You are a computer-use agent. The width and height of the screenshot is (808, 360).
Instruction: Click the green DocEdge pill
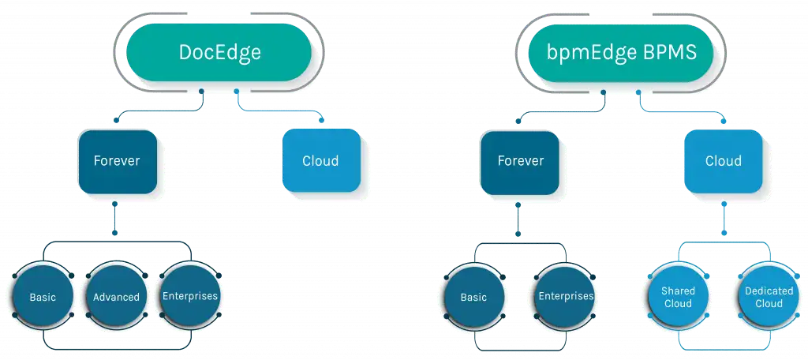(x=219, y=52)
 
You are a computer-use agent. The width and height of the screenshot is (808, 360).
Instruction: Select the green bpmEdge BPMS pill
(x=621, y=52)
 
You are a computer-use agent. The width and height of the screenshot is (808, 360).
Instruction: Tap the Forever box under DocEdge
(x=117, y=161)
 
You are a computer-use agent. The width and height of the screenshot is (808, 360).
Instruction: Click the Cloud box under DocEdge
(x=320, y=161)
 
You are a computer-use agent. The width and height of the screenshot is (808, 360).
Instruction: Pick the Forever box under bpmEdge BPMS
(x=519, y=161)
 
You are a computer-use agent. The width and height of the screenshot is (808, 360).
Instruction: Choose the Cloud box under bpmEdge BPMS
(x=723, y=161)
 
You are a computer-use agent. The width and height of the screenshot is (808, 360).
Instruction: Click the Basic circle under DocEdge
(x=43, y=297)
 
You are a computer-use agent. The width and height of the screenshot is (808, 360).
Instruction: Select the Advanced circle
(x=116, y=297)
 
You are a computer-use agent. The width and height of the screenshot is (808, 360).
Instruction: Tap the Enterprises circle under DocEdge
(x=189, y=296)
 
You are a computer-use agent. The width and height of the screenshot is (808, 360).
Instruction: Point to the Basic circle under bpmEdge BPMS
(x=473, y=297)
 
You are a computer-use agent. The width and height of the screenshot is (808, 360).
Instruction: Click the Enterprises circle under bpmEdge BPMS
(x=565, y=297)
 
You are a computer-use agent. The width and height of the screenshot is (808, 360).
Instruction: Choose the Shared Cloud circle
(x=678, y=297)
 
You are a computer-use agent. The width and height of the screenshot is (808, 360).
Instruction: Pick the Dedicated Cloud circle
(x=769, y=297)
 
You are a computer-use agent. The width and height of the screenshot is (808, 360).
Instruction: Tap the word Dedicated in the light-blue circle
(x=769, y=291)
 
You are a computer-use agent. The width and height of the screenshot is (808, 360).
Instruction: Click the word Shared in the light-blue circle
(x=678, y=291)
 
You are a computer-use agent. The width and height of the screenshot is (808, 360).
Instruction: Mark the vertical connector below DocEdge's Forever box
(x=114, y=218)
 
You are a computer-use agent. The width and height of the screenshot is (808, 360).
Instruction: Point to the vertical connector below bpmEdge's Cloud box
(x=724, y=218)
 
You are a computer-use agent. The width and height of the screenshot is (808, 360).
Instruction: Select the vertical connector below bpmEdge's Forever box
(x=518, y=219)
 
